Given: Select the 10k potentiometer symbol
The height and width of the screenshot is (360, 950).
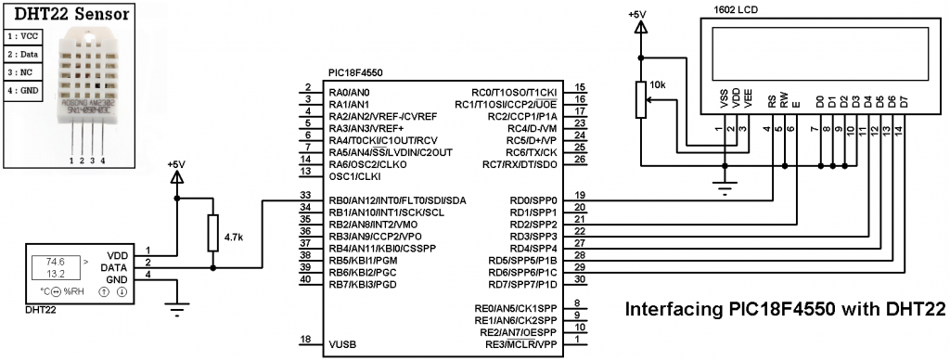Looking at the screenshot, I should [x=639, y=98].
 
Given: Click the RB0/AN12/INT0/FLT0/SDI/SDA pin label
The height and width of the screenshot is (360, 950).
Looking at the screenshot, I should [x=398, y=200].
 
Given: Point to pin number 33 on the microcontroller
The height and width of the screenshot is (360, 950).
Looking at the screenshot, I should [x=305, y=195].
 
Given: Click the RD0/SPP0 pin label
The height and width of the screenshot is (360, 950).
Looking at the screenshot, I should [x=532, y=200].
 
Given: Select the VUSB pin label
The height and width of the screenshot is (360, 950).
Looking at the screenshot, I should [x=341, y=344].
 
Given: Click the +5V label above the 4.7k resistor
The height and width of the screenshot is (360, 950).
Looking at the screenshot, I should [x=175, y=164].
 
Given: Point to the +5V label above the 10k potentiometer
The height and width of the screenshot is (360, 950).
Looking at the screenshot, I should [x=638, y=15].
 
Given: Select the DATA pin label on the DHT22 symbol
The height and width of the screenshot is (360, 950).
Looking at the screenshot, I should [x=118, y=266].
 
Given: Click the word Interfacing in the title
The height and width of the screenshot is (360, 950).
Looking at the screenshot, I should [x=665, y=309].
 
